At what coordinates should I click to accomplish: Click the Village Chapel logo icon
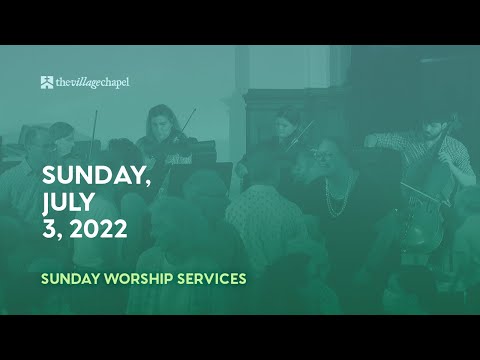pyautogui.click(x=47, y=82)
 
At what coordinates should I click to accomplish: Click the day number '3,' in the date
pyautogui.click(x=50, y=230)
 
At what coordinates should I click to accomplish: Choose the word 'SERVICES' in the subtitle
pyautogui.click(x=209, y=278)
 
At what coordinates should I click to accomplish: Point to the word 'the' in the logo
pyautogui.click(x=63, y=82)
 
